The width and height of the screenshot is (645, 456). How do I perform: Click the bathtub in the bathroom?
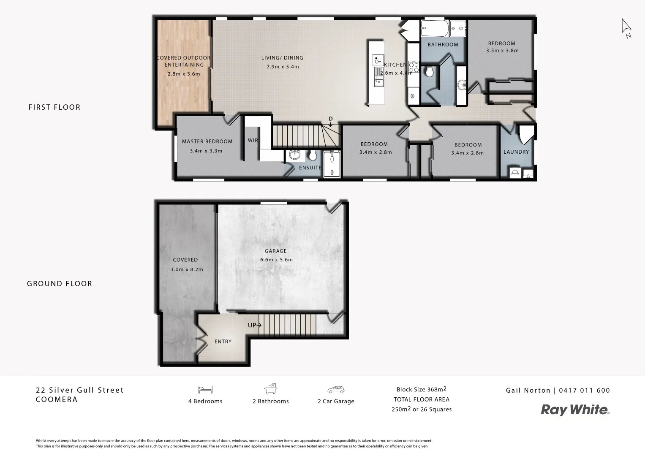click(434, 29)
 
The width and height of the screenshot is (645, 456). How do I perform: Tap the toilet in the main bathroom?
click(430, 73)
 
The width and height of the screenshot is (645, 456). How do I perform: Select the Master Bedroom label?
click(207, 141)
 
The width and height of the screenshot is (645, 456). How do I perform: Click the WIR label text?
click(253, 141)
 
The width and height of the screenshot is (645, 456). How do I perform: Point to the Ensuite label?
click(310, 168)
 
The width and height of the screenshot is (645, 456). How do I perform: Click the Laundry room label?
click(516, 152)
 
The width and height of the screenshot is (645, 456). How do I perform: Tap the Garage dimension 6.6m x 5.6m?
click(276, 260)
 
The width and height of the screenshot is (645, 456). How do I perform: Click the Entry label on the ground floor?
click(223, 342)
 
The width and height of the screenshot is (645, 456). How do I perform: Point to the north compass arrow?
click(626, 27)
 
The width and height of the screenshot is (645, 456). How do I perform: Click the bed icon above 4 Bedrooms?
click(205, 390)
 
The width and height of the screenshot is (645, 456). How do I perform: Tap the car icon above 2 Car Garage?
click(336, 390)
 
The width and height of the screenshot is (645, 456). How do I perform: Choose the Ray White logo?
click(575, 410)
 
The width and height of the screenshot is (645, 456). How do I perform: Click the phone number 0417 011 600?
click(584, 391)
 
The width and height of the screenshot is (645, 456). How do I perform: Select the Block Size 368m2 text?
click(421, 389)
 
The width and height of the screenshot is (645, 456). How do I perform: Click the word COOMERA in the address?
click(57, 399)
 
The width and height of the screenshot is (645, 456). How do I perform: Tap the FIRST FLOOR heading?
click(54, 107)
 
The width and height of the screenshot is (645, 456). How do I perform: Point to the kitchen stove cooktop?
click(414, 68)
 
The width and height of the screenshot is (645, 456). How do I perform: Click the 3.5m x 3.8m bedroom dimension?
click(502, 51)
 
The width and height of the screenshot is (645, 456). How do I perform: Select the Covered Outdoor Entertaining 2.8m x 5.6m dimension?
click(184, 74)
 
